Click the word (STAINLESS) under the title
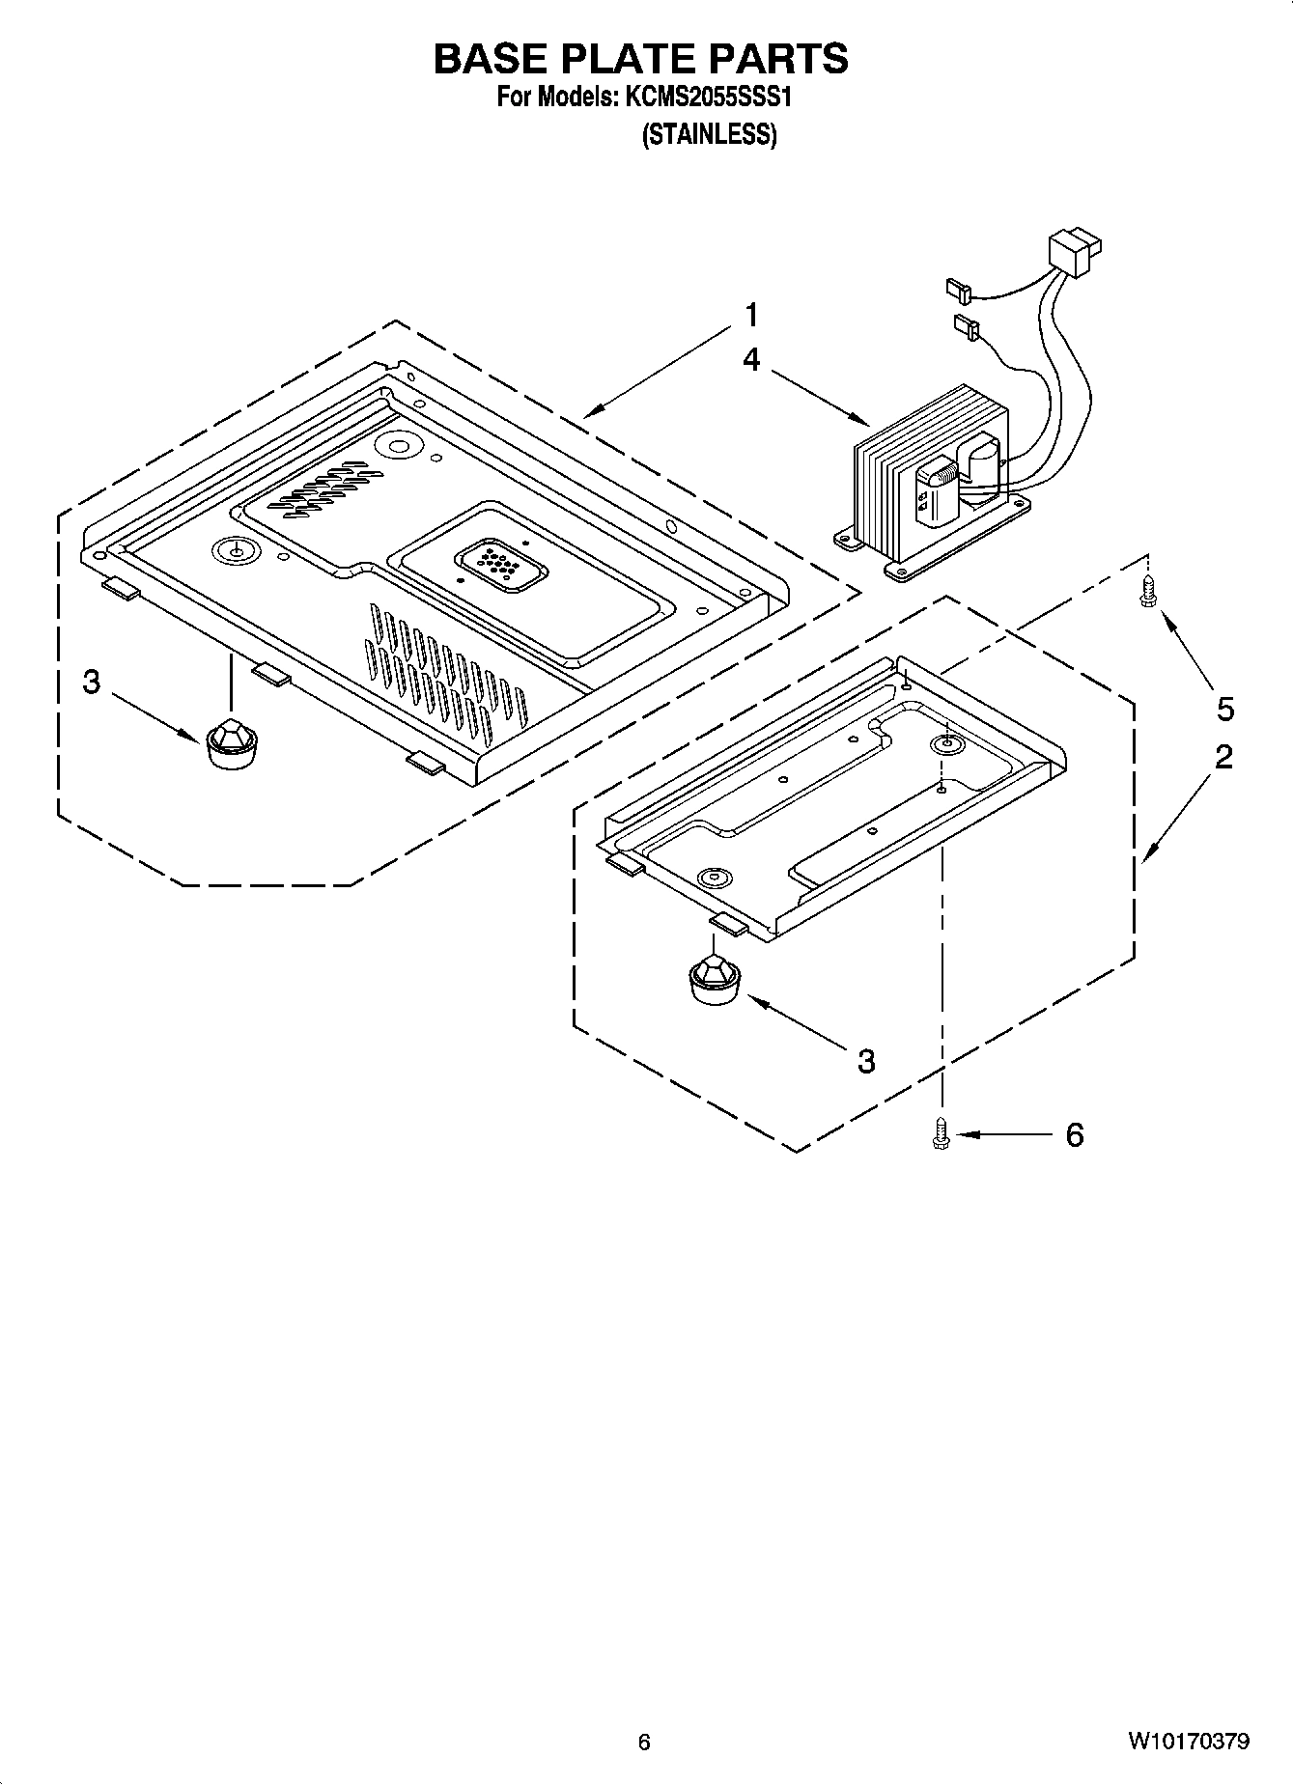709,135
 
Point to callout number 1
750,316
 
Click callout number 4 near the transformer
750,360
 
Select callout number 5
1224,710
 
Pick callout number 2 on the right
1223,756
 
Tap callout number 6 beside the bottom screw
1075,1135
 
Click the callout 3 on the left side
91,683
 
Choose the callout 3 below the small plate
866,1061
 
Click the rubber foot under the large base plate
232,743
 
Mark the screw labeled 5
1147,591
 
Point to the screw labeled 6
941,1133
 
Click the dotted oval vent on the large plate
500,567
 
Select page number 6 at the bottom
644,1742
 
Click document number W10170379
1187,1742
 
